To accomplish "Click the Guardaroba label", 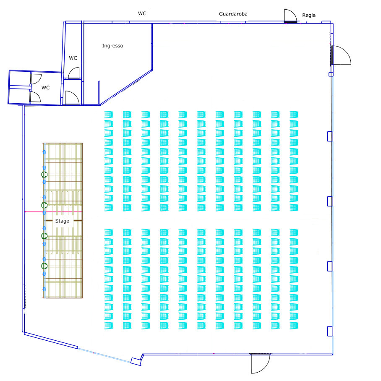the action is (233, 14).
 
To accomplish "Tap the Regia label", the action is (309, 15).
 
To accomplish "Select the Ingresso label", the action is (112, 46).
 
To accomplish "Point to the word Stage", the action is (62, 221).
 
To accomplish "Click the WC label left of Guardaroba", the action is (142, 13).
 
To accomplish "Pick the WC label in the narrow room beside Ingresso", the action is (73, 58).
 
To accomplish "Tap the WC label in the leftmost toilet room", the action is (45, 88).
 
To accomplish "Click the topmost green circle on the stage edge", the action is (44, 175).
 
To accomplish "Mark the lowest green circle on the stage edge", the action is (44, 266).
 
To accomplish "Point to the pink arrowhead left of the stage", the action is (25, 212).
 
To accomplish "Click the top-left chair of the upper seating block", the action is (108, 115).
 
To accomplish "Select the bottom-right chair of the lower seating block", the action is (294, 325).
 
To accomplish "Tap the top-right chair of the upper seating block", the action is (294, 115).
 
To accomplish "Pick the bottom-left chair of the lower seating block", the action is (108, 325).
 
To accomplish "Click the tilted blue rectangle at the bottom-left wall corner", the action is (136, 361).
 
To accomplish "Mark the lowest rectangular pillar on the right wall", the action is (330, 331).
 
